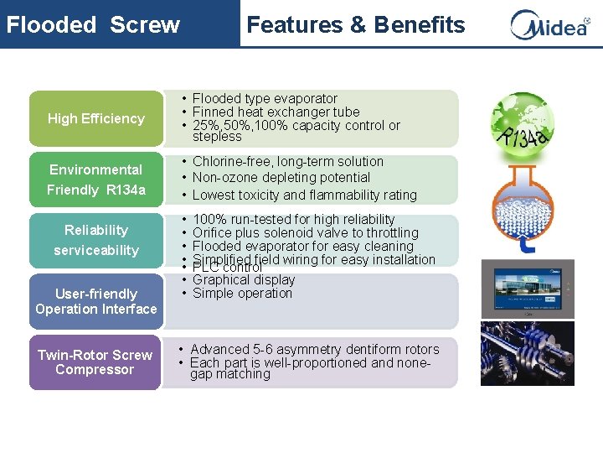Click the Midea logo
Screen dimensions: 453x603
(549, 24)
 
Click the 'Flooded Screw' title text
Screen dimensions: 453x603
(93, 24)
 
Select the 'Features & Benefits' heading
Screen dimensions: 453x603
(355, 24)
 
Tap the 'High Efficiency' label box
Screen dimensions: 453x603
(95, 118)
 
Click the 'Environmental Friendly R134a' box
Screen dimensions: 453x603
(95, 180)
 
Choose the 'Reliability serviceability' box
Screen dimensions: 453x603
(95, 240)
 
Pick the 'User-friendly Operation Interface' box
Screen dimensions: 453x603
(95, 301)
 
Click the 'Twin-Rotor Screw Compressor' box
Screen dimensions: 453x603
(95, 362)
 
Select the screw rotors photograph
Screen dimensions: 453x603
(528, 353)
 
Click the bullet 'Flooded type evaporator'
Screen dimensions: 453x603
(265, 98)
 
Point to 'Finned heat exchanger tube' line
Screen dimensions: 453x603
(276, 112)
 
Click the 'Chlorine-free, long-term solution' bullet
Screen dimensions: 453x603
(287, 161)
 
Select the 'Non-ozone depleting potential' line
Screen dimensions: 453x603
(281, 177)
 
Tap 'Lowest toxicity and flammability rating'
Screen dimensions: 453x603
(304, 195)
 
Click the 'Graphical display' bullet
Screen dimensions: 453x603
(244, 279)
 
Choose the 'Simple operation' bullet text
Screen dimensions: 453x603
(242, 293)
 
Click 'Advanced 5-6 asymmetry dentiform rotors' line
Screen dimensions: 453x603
(314, 349)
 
